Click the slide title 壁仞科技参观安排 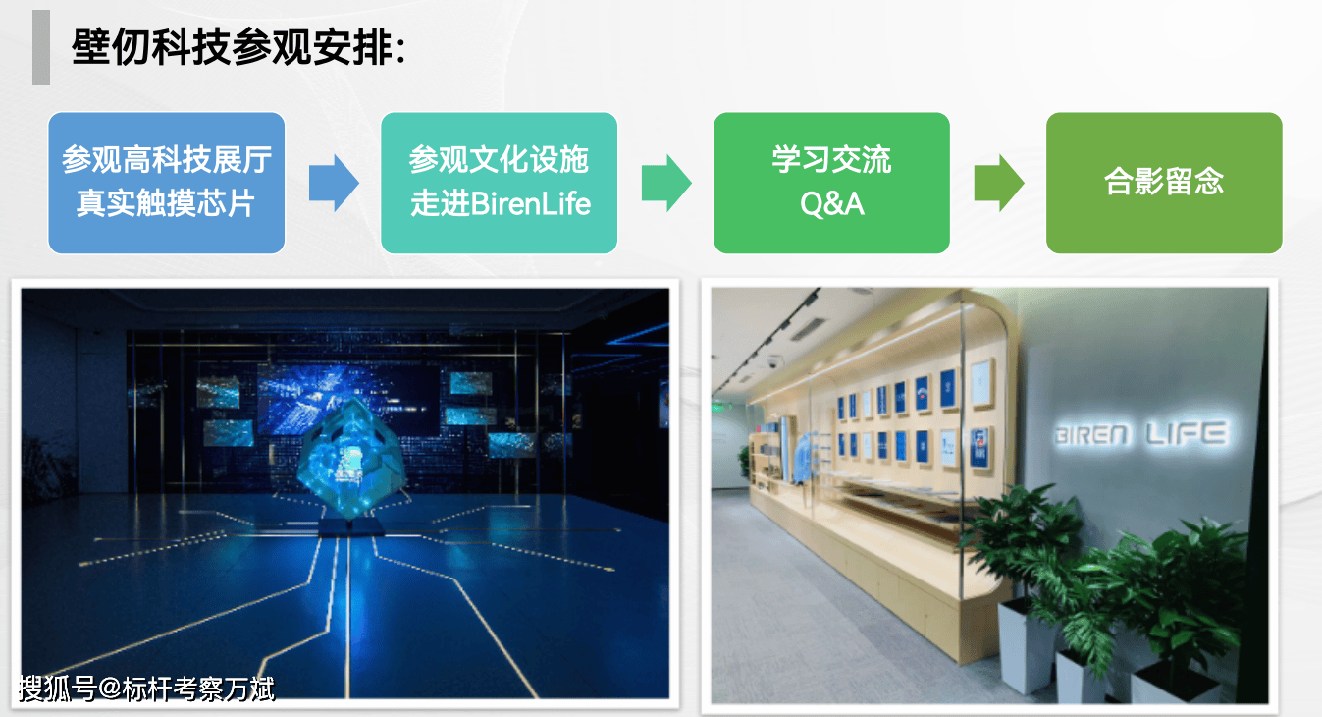pyautogui.click(x=238, y=47)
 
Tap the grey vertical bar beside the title pyautogui.click(x=40, y=47)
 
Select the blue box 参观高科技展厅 pyautogui.click(x=167, y=183)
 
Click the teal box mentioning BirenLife pyautogui.click(x=500, y=183)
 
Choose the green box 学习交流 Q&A pyautogui.click(x=831, y=183)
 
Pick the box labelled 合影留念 pyautogui.click(x=1164, y=183)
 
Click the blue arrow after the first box pyautogui.click(x=334, y=183)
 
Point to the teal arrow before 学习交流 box pyautogui.click(x=666, y=183)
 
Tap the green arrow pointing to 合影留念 pyautogui.click(x=998, y=183)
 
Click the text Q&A pyautogui.click(x=832, y=204)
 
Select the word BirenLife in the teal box pyautogui.click(x=531, y=204)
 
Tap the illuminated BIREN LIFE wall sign pyautogui.click(x=1140, y=434)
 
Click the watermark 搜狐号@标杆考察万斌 pyautogui.click(x=146, y=689)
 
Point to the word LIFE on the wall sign pyautogui.click(x=1187, y=433)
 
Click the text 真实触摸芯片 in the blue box pyautogui.click(x=166, y=203)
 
